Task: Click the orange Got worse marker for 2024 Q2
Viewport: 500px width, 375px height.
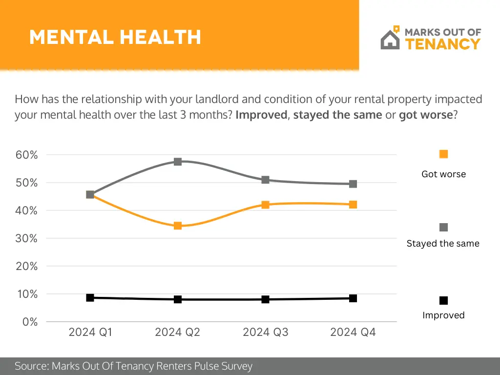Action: [178, 226]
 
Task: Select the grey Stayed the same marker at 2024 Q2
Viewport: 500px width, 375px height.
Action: [178, 162]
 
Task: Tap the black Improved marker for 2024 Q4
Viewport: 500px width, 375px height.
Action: [353, 298]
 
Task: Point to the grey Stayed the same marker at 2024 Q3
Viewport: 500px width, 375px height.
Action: [266, 180]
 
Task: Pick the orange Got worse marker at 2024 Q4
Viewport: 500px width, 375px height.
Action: [353, 205]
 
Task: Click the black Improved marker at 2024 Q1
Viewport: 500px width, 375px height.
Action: [90, 297]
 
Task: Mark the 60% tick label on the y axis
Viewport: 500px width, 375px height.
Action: [27, 155]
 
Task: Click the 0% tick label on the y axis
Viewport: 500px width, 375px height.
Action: [30, 322]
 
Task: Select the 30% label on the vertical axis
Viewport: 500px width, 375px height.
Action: [27, 238]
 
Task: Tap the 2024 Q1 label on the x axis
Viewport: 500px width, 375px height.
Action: [90, 333]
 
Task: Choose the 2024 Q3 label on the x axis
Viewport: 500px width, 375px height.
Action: [266, 333]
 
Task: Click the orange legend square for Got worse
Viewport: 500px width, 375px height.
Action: [443, 154]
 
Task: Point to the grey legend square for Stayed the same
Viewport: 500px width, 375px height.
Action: [443, 228]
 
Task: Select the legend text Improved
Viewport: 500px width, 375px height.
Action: [443, 315]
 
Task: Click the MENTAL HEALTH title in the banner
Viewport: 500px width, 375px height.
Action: [115, 37]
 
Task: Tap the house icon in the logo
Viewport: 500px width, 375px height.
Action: [390, 39]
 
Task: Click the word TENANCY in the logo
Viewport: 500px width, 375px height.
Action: [443, 44]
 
